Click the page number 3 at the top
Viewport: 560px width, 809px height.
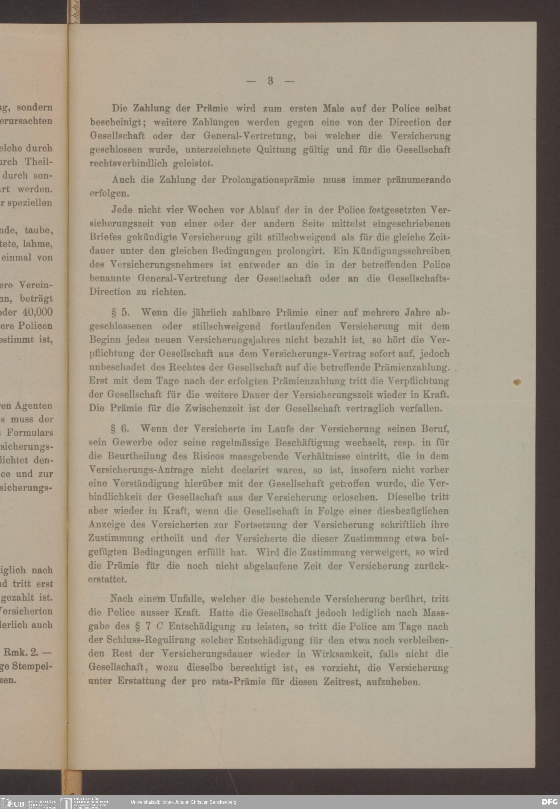tap(270, 81)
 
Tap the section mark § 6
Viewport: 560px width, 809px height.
tap(119, 429)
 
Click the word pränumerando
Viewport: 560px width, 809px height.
tap(419, 180)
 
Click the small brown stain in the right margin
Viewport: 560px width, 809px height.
tap(517, 382)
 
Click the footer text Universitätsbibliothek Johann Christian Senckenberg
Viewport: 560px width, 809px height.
tap(183, 802)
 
